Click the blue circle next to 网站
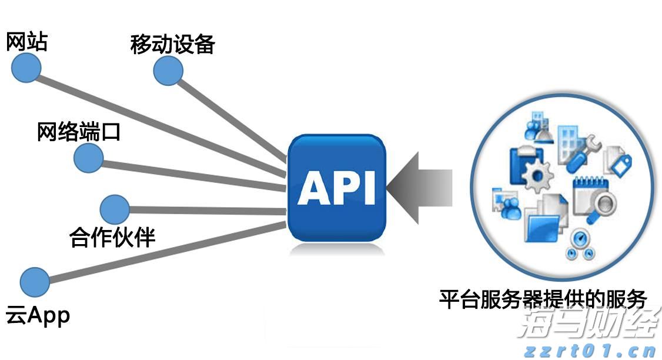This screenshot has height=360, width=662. pos(26,68)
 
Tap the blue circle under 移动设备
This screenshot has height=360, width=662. pos(168,71)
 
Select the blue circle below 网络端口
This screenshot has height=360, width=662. pos(89,157)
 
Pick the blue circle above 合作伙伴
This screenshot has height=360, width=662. pos(115,209)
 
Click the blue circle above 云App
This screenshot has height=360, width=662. pos(35,282)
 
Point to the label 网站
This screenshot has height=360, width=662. pos(26,42)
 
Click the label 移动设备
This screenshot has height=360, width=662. pos(172,44)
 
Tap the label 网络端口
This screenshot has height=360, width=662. pos(78,132)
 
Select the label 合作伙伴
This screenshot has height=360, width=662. pos(112,237)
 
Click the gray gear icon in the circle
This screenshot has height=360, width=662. pos(537,175)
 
